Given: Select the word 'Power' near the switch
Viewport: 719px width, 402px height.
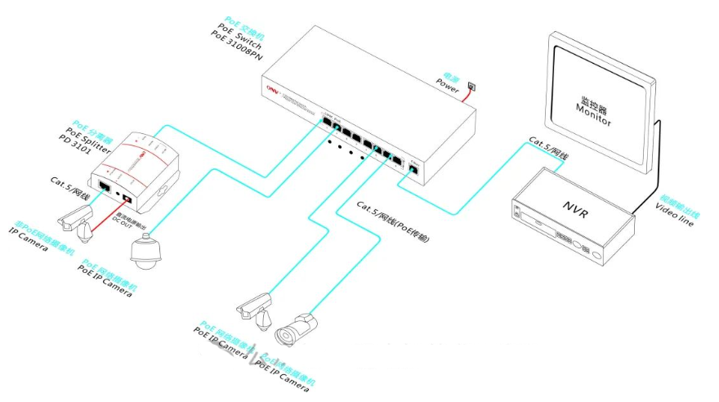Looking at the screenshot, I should click(450, 82).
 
